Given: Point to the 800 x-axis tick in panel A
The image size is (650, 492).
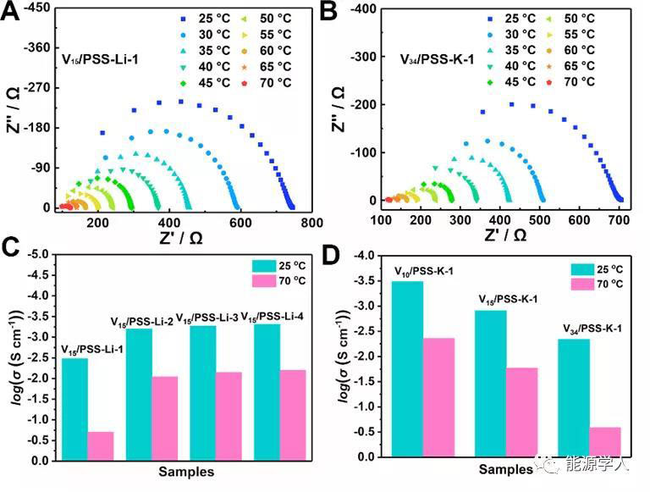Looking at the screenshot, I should pos(312,222).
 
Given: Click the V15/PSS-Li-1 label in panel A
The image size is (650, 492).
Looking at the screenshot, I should pos(101,61).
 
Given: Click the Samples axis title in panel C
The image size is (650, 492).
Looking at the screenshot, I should pos(187,472).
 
